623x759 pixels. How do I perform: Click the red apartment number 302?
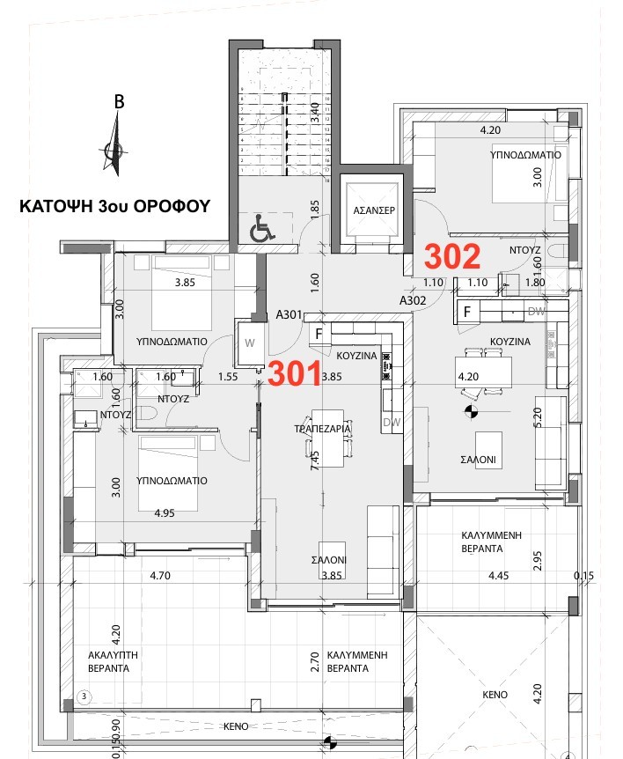[452, 256]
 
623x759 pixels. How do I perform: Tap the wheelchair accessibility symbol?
[261, 231]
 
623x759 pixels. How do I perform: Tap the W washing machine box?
[249, 343]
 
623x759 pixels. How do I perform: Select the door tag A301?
[290, 314]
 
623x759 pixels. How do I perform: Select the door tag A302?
[413, 300]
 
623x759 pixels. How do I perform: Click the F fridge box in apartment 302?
[467, 312]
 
